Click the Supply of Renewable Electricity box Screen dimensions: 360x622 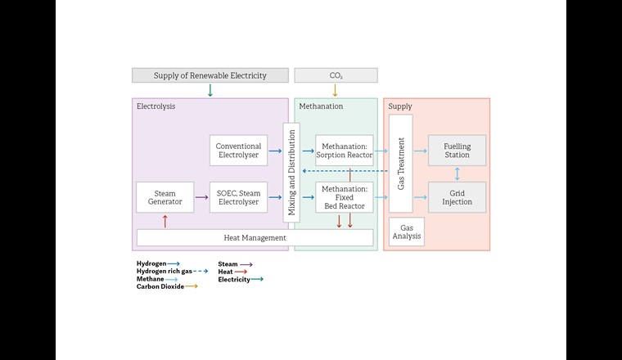210,75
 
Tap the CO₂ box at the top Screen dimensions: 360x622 336,75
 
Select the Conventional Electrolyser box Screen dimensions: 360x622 238,151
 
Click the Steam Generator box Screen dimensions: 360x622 165,197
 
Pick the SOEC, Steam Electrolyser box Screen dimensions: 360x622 238,197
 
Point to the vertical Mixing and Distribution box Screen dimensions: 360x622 289,173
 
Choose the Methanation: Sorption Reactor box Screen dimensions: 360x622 344,151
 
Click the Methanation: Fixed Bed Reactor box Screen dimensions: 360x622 344,197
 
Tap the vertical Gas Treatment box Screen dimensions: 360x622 400,164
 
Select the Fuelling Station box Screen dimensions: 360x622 457,151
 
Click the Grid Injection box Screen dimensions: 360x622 457,197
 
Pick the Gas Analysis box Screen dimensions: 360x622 406,232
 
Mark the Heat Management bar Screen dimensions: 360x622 255,238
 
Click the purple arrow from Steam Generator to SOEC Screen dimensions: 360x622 201,197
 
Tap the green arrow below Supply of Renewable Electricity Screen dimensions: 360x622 210,90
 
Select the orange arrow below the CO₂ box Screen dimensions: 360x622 335,90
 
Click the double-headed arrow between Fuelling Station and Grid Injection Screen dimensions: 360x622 457,173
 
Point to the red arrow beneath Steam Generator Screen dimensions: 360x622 165,221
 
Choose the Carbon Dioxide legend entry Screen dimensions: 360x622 166,286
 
